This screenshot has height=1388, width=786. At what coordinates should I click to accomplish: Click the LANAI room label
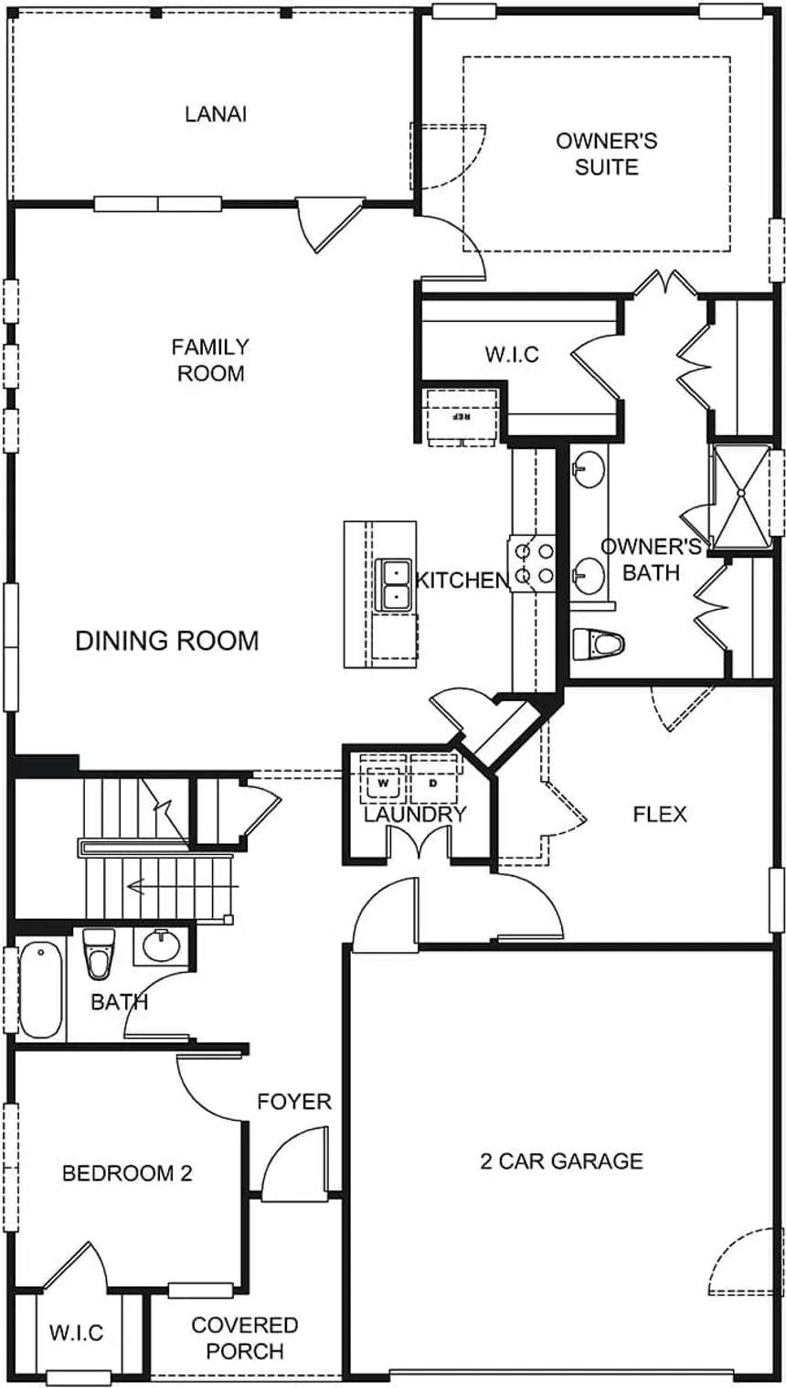point(216,114)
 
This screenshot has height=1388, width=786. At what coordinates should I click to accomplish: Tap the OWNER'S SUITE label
point(606,155)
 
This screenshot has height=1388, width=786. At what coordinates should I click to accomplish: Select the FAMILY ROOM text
point(210,360)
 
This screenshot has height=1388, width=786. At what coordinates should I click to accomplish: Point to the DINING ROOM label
point(166,641)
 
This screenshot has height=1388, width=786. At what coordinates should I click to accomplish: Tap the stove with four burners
point(533,563)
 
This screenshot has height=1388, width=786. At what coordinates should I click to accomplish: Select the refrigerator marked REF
point(462,417)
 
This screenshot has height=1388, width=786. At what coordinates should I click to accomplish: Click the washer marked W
point(383,783)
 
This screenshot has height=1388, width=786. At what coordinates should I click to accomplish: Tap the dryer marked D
point(433,783)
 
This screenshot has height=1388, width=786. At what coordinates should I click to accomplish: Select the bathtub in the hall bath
point(40,989)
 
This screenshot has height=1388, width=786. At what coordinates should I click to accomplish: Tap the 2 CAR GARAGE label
point(561,1161)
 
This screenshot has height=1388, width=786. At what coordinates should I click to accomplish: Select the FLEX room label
point(660,814)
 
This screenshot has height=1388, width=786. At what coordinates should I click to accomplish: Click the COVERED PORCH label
point(244,1338)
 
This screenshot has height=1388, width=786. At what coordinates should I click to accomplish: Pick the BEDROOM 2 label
point(127,1173)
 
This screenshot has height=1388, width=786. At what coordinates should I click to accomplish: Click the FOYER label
point(293,1102)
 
